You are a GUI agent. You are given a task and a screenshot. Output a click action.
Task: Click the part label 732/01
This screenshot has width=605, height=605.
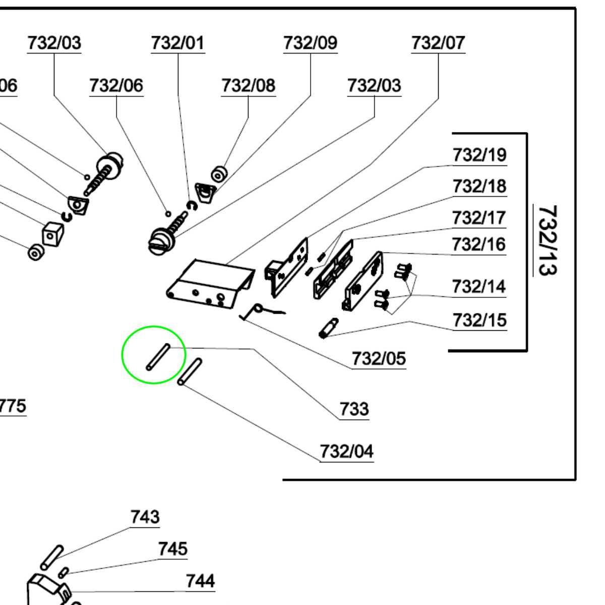(178, 43)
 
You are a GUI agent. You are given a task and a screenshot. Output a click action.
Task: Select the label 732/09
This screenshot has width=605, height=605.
(310, 43)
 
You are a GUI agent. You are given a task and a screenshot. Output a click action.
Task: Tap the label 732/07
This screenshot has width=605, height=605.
(438, 43)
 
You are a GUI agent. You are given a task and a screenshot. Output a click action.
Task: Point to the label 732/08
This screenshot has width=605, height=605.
(248, 86)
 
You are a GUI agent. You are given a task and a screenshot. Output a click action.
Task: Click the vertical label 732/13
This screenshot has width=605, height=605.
(547, 239)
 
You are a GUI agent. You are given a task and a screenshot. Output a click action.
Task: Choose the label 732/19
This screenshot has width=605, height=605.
(479, 155)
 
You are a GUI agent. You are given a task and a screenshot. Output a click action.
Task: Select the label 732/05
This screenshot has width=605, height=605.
(379, 359)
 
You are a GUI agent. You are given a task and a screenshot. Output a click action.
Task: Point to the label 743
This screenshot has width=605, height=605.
(145, 517)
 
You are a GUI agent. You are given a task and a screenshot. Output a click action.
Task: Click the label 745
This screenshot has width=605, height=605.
(172, 549)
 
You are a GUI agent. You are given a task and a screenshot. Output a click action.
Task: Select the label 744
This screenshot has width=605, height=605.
(200, 581)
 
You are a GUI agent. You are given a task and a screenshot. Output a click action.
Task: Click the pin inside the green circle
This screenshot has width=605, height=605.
(158, 356)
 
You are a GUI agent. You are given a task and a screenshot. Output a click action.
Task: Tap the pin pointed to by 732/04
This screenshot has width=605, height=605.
(190, 371)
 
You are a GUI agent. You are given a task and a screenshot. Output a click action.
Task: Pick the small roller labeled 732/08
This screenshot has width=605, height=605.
(218, 174)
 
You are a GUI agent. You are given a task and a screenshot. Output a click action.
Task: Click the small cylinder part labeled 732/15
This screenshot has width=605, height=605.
(329, 327)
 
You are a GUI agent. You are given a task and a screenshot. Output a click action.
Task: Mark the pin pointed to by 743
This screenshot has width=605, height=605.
(52, 556)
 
